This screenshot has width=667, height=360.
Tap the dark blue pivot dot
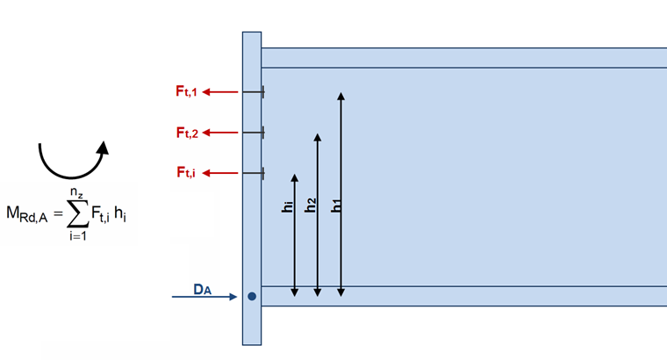tap(251, 297)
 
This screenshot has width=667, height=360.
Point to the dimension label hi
tap(287, 206)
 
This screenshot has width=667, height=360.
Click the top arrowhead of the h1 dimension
tap(341, 93)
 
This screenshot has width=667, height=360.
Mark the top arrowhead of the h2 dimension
tap(318, 138)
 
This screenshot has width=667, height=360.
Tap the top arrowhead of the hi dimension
tap(295, 177)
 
